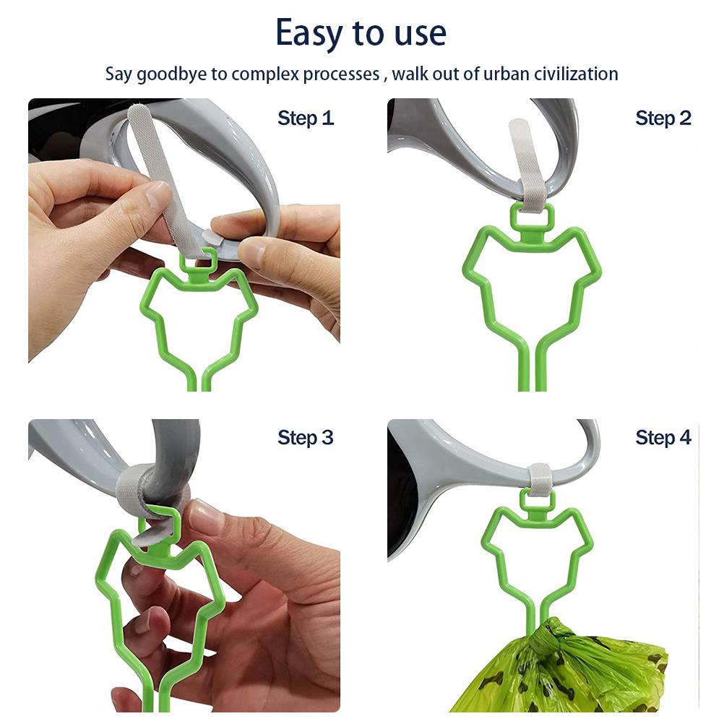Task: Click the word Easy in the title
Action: pyautogui.click(x=309, y=34)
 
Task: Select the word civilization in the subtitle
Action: pyautogui.click(x=576, y=74)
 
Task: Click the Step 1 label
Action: pyautogui.click(x=305, y=118)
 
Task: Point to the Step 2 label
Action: pyautogui.click(x=663, y=118)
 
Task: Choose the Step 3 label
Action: pyautogui.click(x=305, y=438)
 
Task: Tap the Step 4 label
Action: pyautogui.click(x=663, y=438)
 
